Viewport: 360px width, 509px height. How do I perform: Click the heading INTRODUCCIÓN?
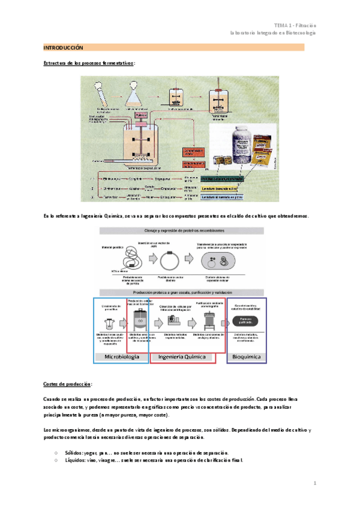pos(63,47)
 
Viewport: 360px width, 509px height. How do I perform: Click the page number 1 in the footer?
pos(315,482)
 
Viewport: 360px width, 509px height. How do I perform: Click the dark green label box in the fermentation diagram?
pos(223,179)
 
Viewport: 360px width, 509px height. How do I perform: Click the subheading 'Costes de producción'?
pos(68,384)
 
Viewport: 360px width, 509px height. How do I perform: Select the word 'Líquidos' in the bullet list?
pos(76,460)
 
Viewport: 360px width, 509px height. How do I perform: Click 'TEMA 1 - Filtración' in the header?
pos(295,25)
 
